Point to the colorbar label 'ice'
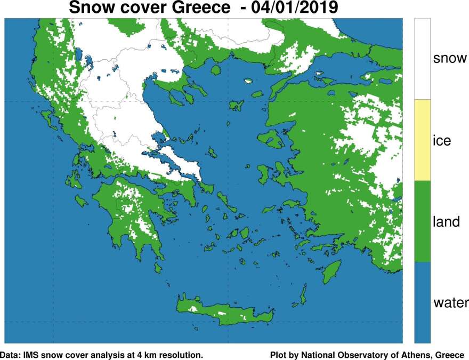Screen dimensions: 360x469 tap(442, 141)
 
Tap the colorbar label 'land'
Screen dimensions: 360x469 tap(445, 221)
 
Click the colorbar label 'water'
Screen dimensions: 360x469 tap(450, 303)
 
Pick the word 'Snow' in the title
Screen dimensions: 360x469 tap(89, 8)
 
